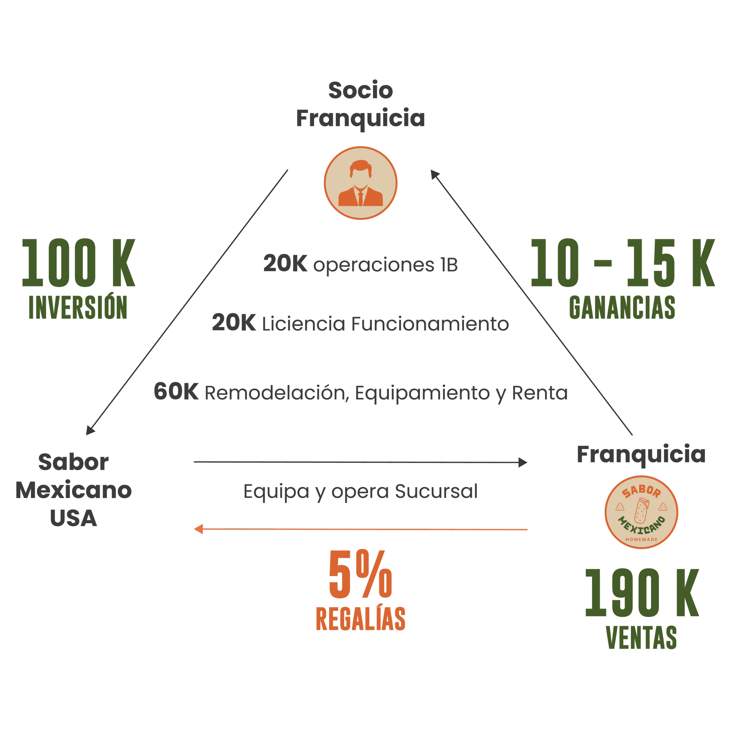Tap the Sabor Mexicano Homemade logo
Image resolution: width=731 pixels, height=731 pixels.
click(641, 512)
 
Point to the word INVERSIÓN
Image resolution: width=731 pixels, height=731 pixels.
click(78, 307)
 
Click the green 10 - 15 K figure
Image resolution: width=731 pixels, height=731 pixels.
click(622, 263)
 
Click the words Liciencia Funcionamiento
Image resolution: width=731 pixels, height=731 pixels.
click(385, 324)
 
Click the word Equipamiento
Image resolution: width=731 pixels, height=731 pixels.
click(422, 393)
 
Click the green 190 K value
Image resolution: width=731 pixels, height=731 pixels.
click(642, 593)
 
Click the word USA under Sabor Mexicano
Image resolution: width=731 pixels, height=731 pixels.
click(73, 518)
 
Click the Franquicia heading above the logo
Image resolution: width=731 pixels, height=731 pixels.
click(641, 454)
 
